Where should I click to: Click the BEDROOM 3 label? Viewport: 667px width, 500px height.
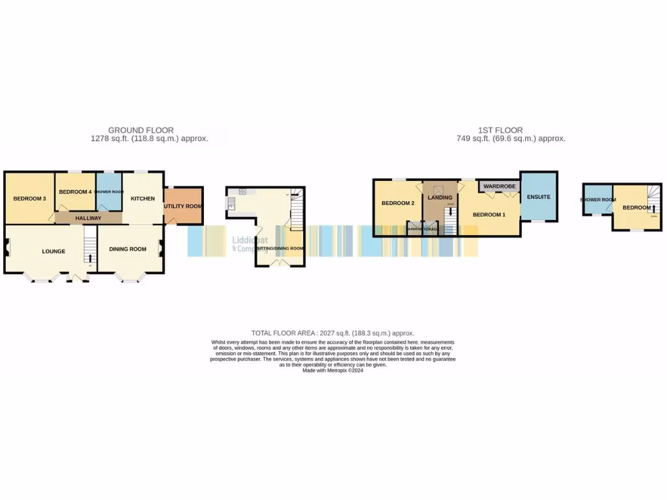(x=29, y=199)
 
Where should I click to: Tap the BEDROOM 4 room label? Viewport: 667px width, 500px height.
(x=75, y=192)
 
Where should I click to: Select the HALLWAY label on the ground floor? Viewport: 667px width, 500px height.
(x=88, y=218)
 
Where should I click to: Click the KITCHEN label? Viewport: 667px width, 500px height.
(x=143, y=199)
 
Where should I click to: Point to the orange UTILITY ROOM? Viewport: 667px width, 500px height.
(x=183, y=206)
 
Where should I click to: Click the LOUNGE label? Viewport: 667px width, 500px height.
(x=53, y=251)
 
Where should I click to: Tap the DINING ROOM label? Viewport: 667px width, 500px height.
(x=127, y=249)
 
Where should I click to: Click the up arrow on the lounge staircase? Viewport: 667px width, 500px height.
(x=89, y=258)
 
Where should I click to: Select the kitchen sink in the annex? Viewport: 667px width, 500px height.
(x=231, y=205)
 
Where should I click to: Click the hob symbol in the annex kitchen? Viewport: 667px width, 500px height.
(x=242, y=191)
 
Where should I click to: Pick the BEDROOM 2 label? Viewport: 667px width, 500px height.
(x=398, y=203)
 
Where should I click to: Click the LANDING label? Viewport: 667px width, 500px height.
(x=440, y=197)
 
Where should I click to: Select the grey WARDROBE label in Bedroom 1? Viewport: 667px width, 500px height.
(x=500, y=186)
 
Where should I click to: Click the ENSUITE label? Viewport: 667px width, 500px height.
(x=539, y=197)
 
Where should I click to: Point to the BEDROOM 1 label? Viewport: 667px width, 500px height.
(x=489, y=215)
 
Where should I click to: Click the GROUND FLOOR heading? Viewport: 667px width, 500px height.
(x=141, y=130)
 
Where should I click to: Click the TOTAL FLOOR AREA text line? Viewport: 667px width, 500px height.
(x=333, y=333)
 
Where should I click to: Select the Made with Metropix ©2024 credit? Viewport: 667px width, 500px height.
(x=333, y=370)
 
